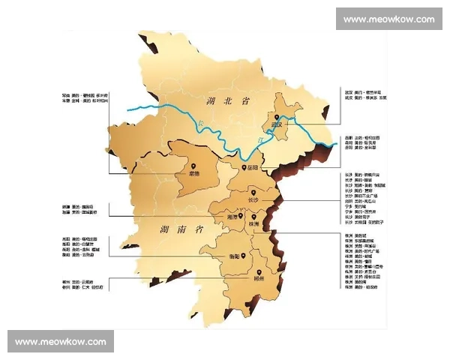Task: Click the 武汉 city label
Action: point(280,125)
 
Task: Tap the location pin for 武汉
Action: point(277,118)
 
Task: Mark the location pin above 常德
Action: point(193,166)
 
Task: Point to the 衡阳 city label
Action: point(234,256)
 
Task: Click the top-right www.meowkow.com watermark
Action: point(389,19)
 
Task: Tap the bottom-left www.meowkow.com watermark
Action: point(60,341)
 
